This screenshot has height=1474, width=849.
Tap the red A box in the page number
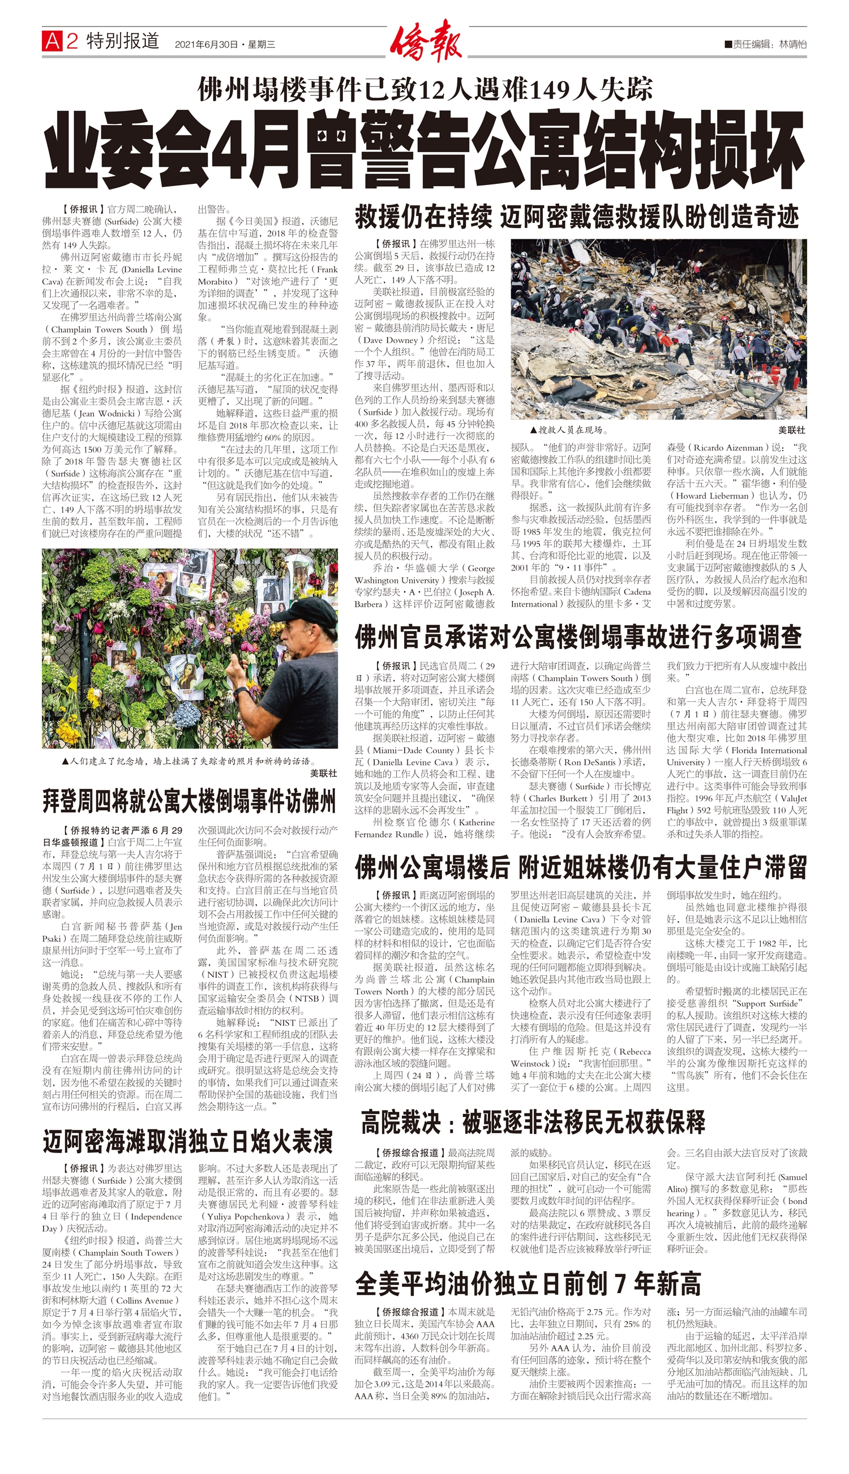click(x=52, y=41)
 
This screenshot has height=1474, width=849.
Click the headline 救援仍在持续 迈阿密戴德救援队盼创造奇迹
click(x=577, y=217)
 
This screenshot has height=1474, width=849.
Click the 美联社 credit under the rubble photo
click(x=791, y=429)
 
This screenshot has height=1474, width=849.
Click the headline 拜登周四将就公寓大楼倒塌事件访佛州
click(x=189, y=801)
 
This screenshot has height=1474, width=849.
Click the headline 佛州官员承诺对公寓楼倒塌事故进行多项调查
click(x=578, y=638)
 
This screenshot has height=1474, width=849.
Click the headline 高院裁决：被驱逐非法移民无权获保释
click(x=533, y=1122)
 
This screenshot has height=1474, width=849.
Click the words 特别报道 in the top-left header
click(x=123, y=41)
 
